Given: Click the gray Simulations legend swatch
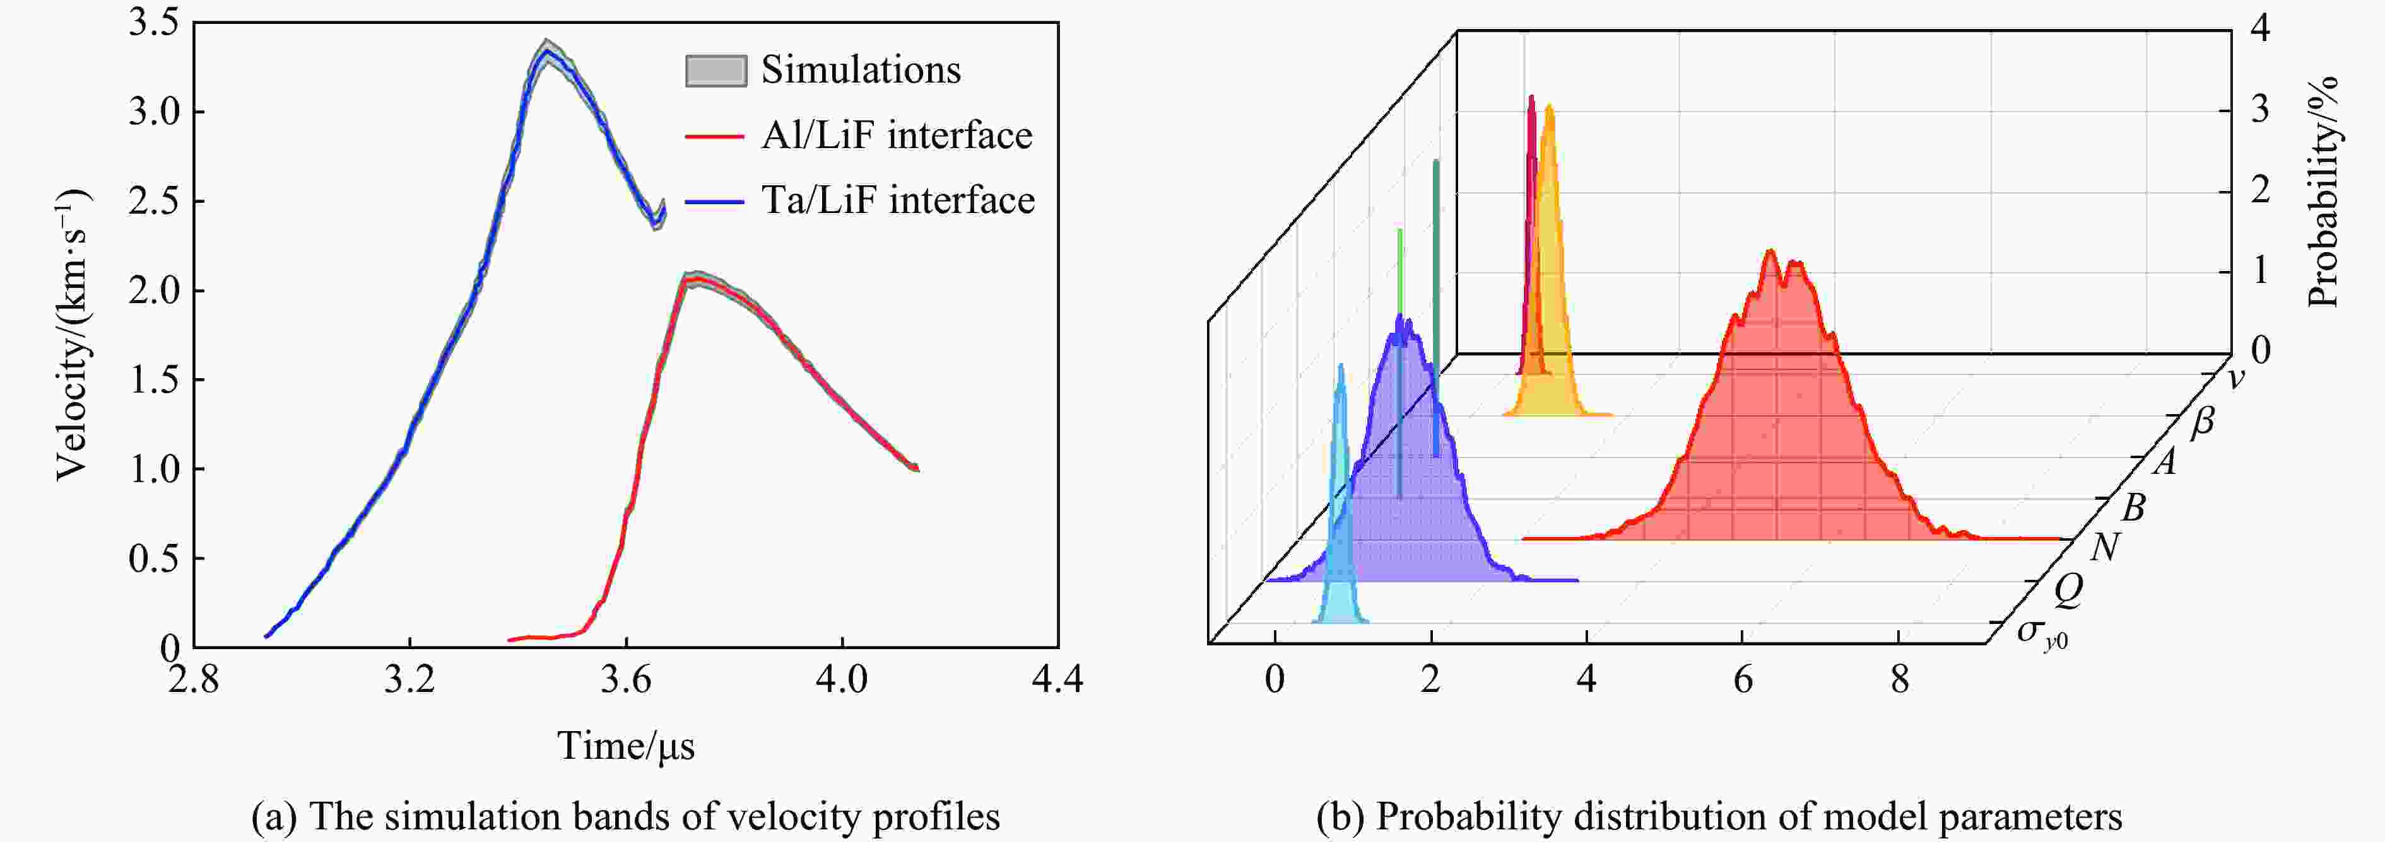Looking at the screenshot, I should [x=715, y=71].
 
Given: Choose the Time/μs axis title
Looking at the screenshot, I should [x=626, y=746].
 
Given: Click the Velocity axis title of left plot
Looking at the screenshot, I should [x=72, y=335].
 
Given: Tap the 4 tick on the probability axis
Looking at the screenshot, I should [x=2260, y=29].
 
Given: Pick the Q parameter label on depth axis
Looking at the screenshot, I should [x=2068, y=589].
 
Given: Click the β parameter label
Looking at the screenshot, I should [x=2203, y=422].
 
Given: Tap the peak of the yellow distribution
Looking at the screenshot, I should [x=1549, y=107].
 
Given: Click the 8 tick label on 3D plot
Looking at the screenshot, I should [x=1899, y=680].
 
